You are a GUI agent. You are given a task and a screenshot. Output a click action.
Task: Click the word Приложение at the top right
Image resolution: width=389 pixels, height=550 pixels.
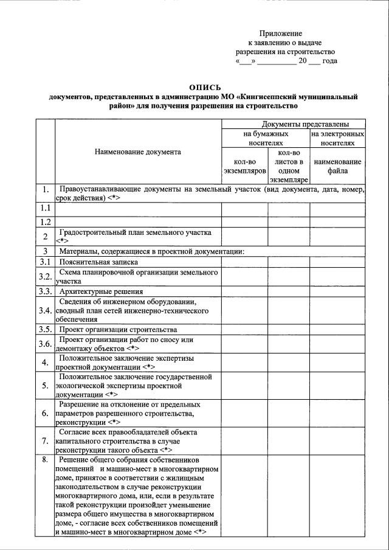280,33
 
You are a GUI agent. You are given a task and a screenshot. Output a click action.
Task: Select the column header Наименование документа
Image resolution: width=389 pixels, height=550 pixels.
138,152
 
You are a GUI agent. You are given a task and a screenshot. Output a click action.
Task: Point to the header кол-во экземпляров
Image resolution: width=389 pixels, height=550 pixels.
244,166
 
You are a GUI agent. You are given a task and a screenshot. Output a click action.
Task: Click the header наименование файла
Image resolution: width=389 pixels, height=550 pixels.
337,166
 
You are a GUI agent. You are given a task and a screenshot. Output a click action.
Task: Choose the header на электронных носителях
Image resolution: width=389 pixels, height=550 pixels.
337,137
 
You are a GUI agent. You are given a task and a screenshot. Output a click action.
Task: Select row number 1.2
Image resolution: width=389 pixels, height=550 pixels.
45,221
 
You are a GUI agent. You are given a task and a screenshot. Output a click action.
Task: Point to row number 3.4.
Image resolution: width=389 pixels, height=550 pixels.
45,311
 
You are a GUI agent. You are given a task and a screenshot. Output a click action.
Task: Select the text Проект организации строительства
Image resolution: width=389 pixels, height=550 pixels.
110,330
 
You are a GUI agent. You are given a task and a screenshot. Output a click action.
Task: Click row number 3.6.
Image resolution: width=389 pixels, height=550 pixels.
45,344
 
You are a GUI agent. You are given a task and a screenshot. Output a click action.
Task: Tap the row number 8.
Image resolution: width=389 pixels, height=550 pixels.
45,460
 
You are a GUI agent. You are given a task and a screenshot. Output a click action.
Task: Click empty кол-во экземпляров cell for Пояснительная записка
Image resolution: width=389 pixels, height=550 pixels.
244,262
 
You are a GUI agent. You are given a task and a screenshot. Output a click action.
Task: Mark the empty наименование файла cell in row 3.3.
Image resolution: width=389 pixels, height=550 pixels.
337,291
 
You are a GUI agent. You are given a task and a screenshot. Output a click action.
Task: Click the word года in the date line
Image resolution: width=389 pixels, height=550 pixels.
330,61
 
